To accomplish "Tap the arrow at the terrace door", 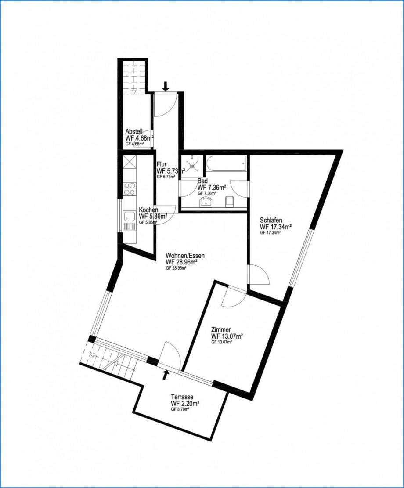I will (x=166, y=374).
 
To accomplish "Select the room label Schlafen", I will (x=271, y=220).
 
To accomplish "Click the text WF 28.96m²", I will (x=181, y=262).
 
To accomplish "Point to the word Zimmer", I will (x=221, y=329).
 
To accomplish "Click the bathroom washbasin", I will (x=206, y=202).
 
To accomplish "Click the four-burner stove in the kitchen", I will (x=130, y=188).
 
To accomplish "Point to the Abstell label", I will (x=133, y=131).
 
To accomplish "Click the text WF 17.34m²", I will (x=276, y=227).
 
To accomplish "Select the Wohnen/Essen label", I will (x=185, y=255).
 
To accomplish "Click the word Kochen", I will (x=148, y=210).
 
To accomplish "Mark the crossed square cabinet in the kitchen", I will (x=130, y=164).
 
